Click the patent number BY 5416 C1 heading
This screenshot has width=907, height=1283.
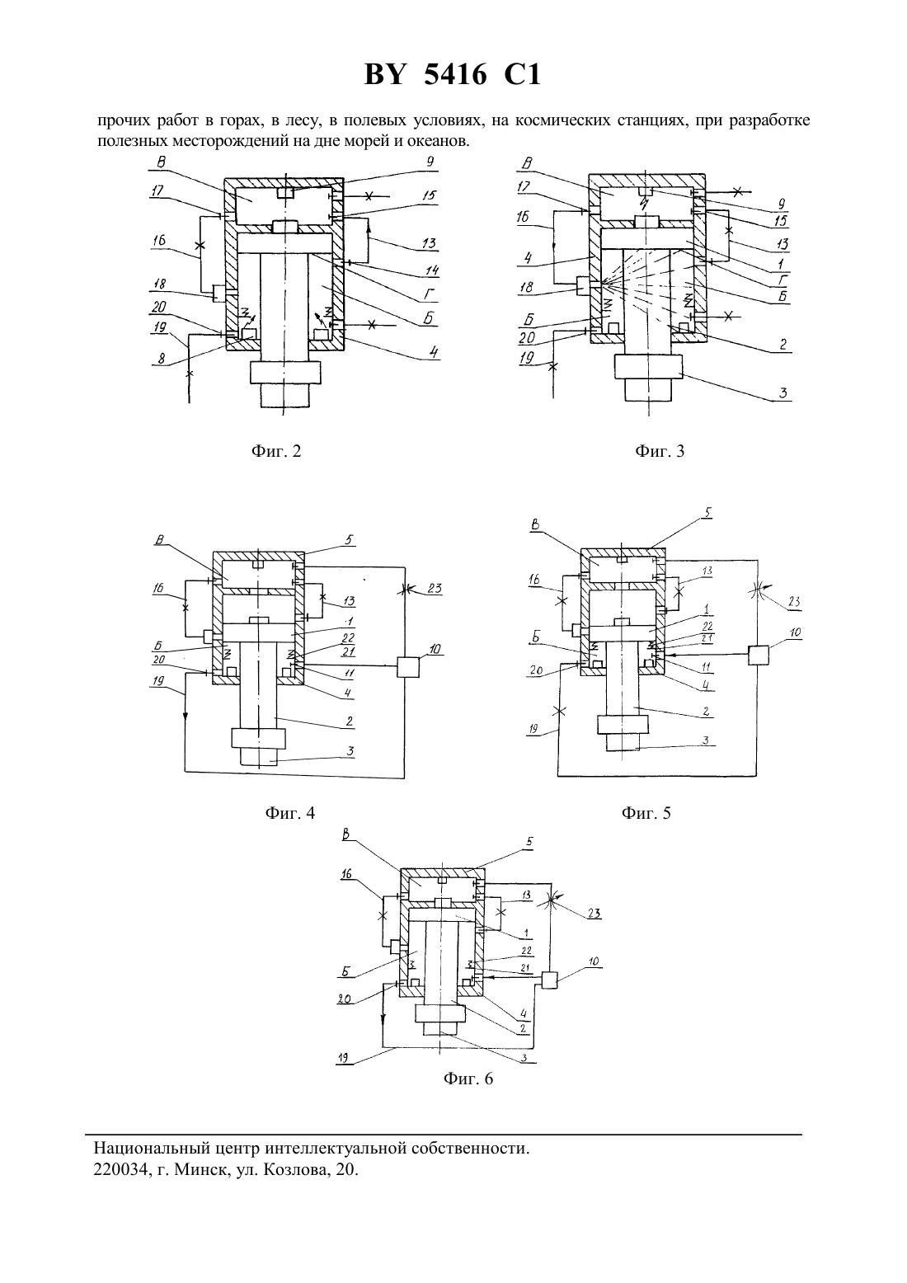[x=453, y=75]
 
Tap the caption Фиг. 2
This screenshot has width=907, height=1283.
[x=276, y=451]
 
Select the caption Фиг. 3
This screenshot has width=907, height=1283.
[x=660, y=451]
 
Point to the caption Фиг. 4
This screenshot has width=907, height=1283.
[x=289, y=813]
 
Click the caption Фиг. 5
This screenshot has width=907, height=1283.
[x=646, y=813]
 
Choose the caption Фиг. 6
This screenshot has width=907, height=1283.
[x=468, y=1079]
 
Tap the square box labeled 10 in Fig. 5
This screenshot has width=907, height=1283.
[x=758, y=655]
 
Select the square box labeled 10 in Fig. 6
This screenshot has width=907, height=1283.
[x=548, y=981]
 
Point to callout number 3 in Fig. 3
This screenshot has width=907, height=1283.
[x=782, y=393]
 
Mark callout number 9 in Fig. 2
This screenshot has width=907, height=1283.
[x=430, y=162]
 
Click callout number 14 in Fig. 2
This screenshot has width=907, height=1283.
[x=431, y=270]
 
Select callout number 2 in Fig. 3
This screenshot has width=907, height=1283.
[x=782, y=345]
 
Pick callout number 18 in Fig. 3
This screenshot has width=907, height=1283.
[x=527, y=287]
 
